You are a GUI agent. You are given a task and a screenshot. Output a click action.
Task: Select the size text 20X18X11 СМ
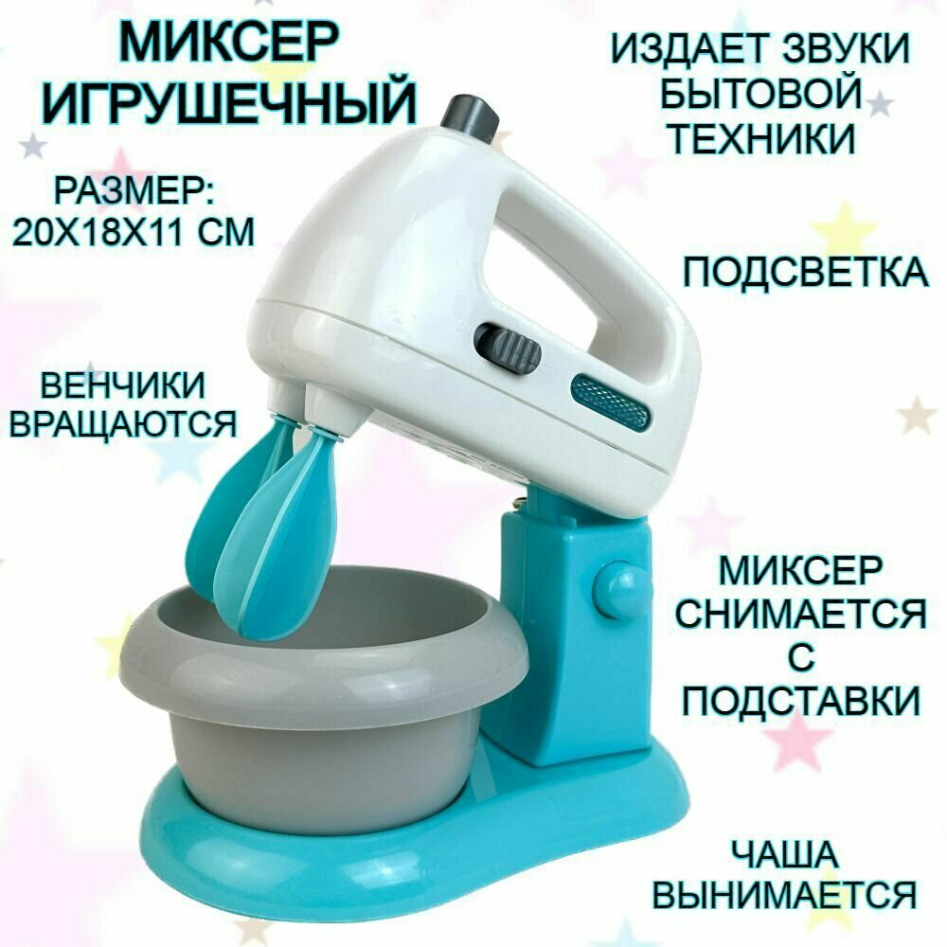134,230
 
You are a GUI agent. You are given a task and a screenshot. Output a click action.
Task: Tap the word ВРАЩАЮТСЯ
121,423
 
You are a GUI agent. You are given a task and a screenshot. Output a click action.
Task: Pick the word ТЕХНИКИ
760,139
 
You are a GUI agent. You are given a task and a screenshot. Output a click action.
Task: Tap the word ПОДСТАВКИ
801,702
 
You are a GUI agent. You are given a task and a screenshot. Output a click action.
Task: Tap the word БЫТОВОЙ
765,95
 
